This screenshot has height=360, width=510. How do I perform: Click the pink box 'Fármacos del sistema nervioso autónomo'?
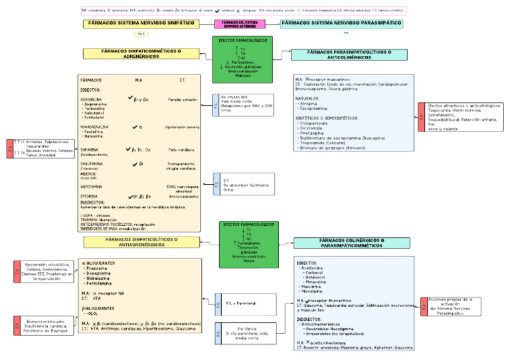pos(244,24)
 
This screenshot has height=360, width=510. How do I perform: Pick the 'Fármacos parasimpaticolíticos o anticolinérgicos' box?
pos(339,54)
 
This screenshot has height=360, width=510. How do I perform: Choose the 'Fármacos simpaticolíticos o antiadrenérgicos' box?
pos(140,242)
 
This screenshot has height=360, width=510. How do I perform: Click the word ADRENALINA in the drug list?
pos(90,99)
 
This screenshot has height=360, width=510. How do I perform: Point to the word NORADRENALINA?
pos(94,126)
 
